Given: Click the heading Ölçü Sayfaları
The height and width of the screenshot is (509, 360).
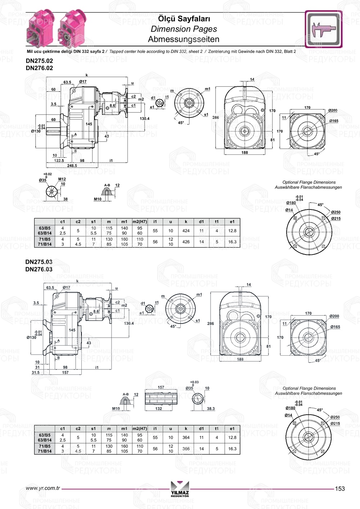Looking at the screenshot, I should tap(184, 19).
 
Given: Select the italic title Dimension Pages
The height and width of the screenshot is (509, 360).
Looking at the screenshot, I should tap(184, 29).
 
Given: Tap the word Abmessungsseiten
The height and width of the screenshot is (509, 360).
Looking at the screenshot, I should tap(184, 39).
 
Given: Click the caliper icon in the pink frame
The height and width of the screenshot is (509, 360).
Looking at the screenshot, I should tap(323, 29).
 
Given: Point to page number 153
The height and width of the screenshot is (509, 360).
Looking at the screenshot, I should tap(339, 488).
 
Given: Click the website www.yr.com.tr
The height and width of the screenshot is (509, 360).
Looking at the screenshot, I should tap(43, 488).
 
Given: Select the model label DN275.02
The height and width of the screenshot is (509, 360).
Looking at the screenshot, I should tap(39, 61).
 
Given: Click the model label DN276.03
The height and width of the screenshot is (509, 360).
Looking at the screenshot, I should tap(39, 269).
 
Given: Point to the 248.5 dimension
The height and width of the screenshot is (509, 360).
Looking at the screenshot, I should tap(72, 166).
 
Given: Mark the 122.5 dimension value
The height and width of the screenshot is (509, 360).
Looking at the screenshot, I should tap(59, 161).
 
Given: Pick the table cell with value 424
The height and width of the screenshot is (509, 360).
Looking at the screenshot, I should tap(186, 231).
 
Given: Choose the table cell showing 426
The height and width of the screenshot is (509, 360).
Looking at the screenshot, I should tap(186, 242).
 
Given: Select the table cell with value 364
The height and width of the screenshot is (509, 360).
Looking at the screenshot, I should tap(186, 438).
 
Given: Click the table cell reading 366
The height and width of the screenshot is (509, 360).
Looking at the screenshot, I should tap(186, 449).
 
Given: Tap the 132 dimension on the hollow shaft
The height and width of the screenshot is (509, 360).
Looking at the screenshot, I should tap(158, 409).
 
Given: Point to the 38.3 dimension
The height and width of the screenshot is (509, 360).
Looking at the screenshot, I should tap(211, 409).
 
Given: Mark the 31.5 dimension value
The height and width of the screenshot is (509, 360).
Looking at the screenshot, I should tap(35, 373).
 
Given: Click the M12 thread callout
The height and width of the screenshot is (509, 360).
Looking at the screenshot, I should tap(62, 179).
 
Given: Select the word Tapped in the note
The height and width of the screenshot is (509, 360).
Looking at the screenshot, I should tap(116, 51).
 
